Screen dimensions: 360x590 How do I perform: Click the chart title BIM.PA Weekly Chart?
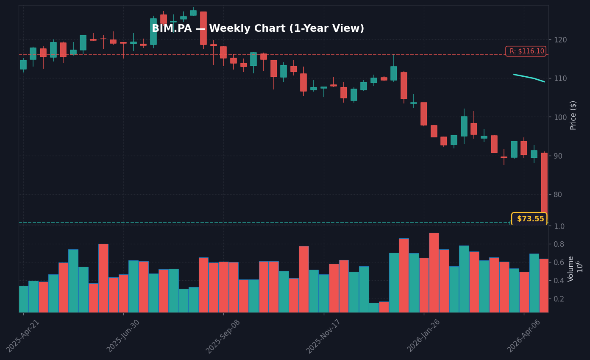tap(258, 29)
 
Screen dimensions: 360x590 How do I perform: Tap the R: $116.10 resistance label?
tap(526, 51)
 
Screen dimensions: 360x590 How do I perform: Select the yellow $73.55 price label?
tap(529, 219)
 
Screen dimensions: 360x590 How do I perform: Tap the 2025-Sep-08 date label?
tap(223, 336)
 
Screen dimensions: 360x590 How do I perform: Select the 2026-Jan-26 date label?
tap(424, 336)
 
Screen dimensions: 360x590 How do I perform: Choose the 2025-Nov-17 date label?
tap(324, 336)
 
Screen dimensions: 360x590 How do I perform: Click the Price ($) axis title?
tap(573, 115)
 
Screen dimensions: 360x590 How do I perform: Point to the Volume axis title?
tap(571, 268)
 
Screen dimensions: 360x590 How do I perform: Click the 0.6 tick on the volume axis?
tap(559, 262)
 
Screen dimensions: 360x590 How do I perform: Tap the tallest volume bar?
tap(434, 272)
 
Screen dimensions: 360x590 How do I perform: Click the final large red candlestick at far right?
tap(544, 187)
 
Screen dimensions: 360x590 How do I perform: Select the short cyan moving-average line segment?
tap(529, 78)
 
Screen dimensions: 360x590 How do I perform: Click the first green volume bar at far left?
tap(23, 299)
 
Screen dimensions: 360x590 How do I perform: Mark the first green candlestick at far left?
tap(23, 64)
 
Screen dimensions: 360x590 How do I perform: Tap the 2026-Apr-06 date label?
tap(524, 336)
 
